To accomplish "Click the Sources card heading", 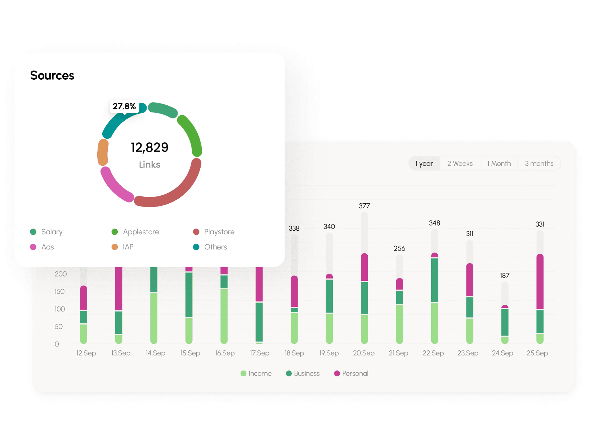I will pyautogui.click(x=52, y=75).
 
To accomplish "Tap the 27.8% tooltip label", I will pyautogui.click(x=124, y=106).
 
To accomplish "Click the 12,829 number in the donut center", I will pyautogui.click(x=149, y=147).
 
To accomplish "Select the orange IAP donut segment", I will pyautogui.click(x=103, y=152).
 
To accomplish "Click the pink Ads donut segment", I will pyautogui.click(x=115, y=185).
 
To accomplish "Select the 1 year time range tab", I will pyautogui.click(x=424, y=163).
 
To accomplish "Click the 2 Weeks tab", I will pyautogui.click(x=460, y=163).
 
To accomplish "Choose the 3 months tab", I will pyautogui.click(x=539, y=163).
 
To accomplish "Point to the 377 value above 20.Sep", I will pyautogui.click(x=364, y=206).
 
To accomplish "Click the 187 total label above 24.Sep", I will pyautogui.click(x=505, y=275).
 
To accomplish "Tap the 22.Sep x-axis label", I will pyautogui.click(x=433, y=353).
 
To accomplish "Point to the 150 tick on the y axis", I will pyautogui.click(x=60, y=291).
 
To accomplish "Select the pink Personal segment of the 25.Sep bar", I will pyautogui.click(x=540, y=281).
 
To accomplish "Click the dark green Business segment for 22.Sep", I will pyautogui.click(x=434, y=280).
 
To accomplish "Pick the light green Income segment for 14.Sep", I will pyautogui.click(x=154, y=317).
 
